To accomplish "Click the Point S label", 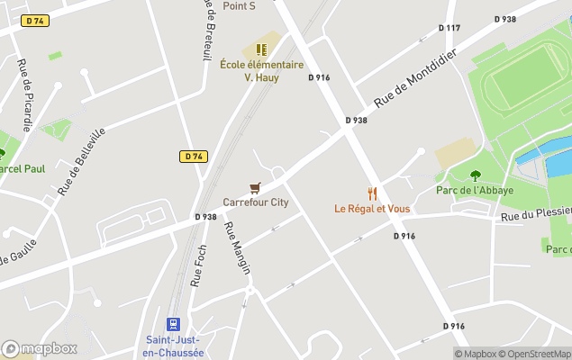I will [240, 5].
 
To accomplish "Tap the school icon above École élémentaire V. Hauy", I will [261, 49].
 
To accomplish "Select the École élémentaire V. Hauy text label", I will [261, 71].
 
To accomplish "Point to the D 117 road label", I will [449, 28].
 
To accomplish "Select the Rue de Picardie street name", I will [25, 94].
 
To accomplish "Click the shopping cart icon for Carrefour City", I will [255, 188].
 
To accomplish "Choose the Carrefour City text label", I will [256, 202].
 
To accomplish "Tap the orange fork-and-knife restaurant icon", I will [372, 193].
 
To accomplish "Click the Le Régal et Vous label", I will [372, 209].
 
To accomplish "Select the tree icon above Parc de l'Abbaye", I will [475, 175].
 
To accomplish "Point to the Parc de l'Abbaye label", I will [475, 190].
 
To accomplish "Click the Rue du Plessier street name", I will [535, 213].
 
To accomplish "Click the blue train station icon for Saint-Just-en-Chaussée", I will [173, 323].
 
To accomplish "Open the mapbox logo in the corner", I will [40, 348].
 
